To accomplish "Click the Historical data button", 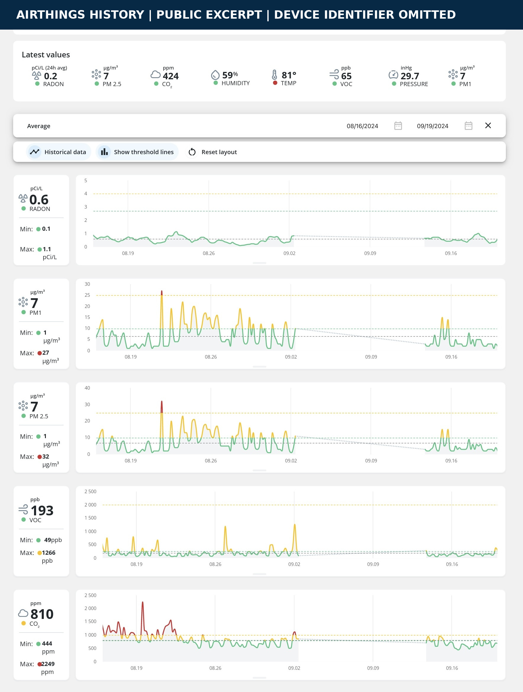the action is pos(59,152).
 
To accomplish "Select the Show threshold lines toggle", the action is pos(137,152).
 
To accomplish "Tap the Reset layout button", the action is pos(213,152).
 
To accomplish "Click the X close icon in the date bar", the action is pos(488,125).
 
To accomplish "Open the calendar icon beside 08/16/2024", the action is pos(398,126).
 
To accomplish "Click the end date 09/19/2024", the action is pos(432,126).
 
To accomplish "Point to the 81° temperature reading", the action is pos(289,75).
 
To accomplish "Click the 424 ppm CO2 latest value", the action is pos(170,76).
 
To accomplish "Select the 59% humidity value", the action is pos(230,75).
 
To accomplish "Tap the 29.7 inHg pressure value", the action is pos(410,76).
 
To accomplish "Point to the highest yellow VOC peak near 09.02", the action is pos(295,525).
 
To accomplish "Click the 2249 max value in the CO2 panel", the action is pos(48,664).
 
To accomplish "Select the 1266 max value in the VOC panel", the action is pos(49,553).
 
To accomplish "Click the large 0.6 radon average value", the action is pos(39,200).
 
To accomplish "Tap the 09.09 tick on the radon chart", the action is pos(370,253).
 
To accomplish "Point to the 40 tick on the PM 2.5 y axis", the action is pos(87,388).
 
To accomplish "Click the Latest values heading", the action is pos(46,55).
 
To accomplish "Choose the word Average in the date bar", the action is pos(39,126).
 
